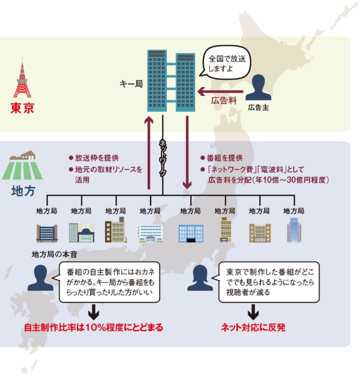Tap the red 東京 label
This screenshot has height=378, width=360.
23,109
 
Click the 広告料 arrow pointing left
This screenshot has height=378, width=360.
220,91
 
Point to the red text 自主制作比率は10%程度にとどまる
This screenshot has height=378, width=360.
94,328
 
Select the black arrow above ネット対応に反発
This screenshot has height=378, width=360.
253,311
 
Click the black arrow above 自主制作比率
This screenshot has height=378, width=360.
94,311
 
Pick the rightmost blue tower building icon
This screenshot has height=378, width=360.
293,230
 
